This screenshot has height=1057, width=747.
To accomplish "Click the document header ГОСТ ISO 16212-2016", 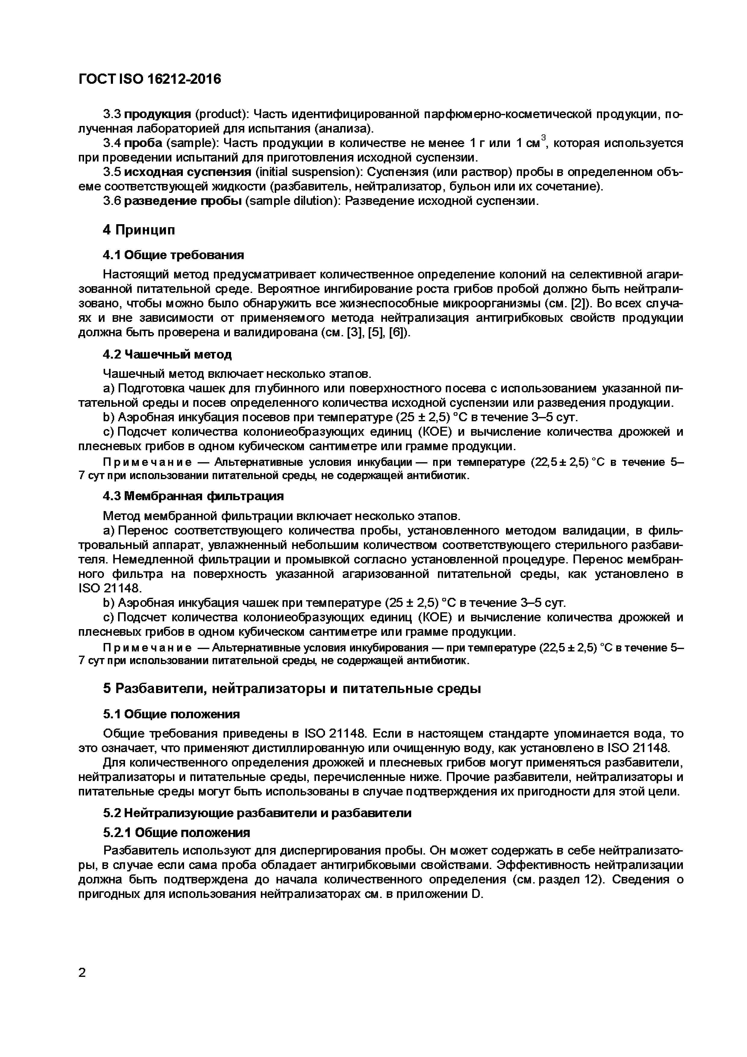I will [x=150, y=80].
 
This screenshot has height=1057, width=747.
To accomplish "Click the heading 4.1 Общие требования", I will [x=173, y=255].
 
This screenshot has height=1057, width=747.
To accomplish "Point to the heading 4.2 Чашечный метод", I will [x=167, y=354].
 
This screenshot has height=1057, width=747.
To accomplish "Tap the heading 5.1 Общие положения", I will [x=171, y=714].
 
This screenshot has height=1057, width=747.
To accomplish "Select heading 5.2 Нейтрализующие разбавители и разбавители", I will [x=257, y=813].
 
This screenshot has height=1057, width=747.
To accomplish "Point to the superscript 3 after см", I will [x=543, y=137].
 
